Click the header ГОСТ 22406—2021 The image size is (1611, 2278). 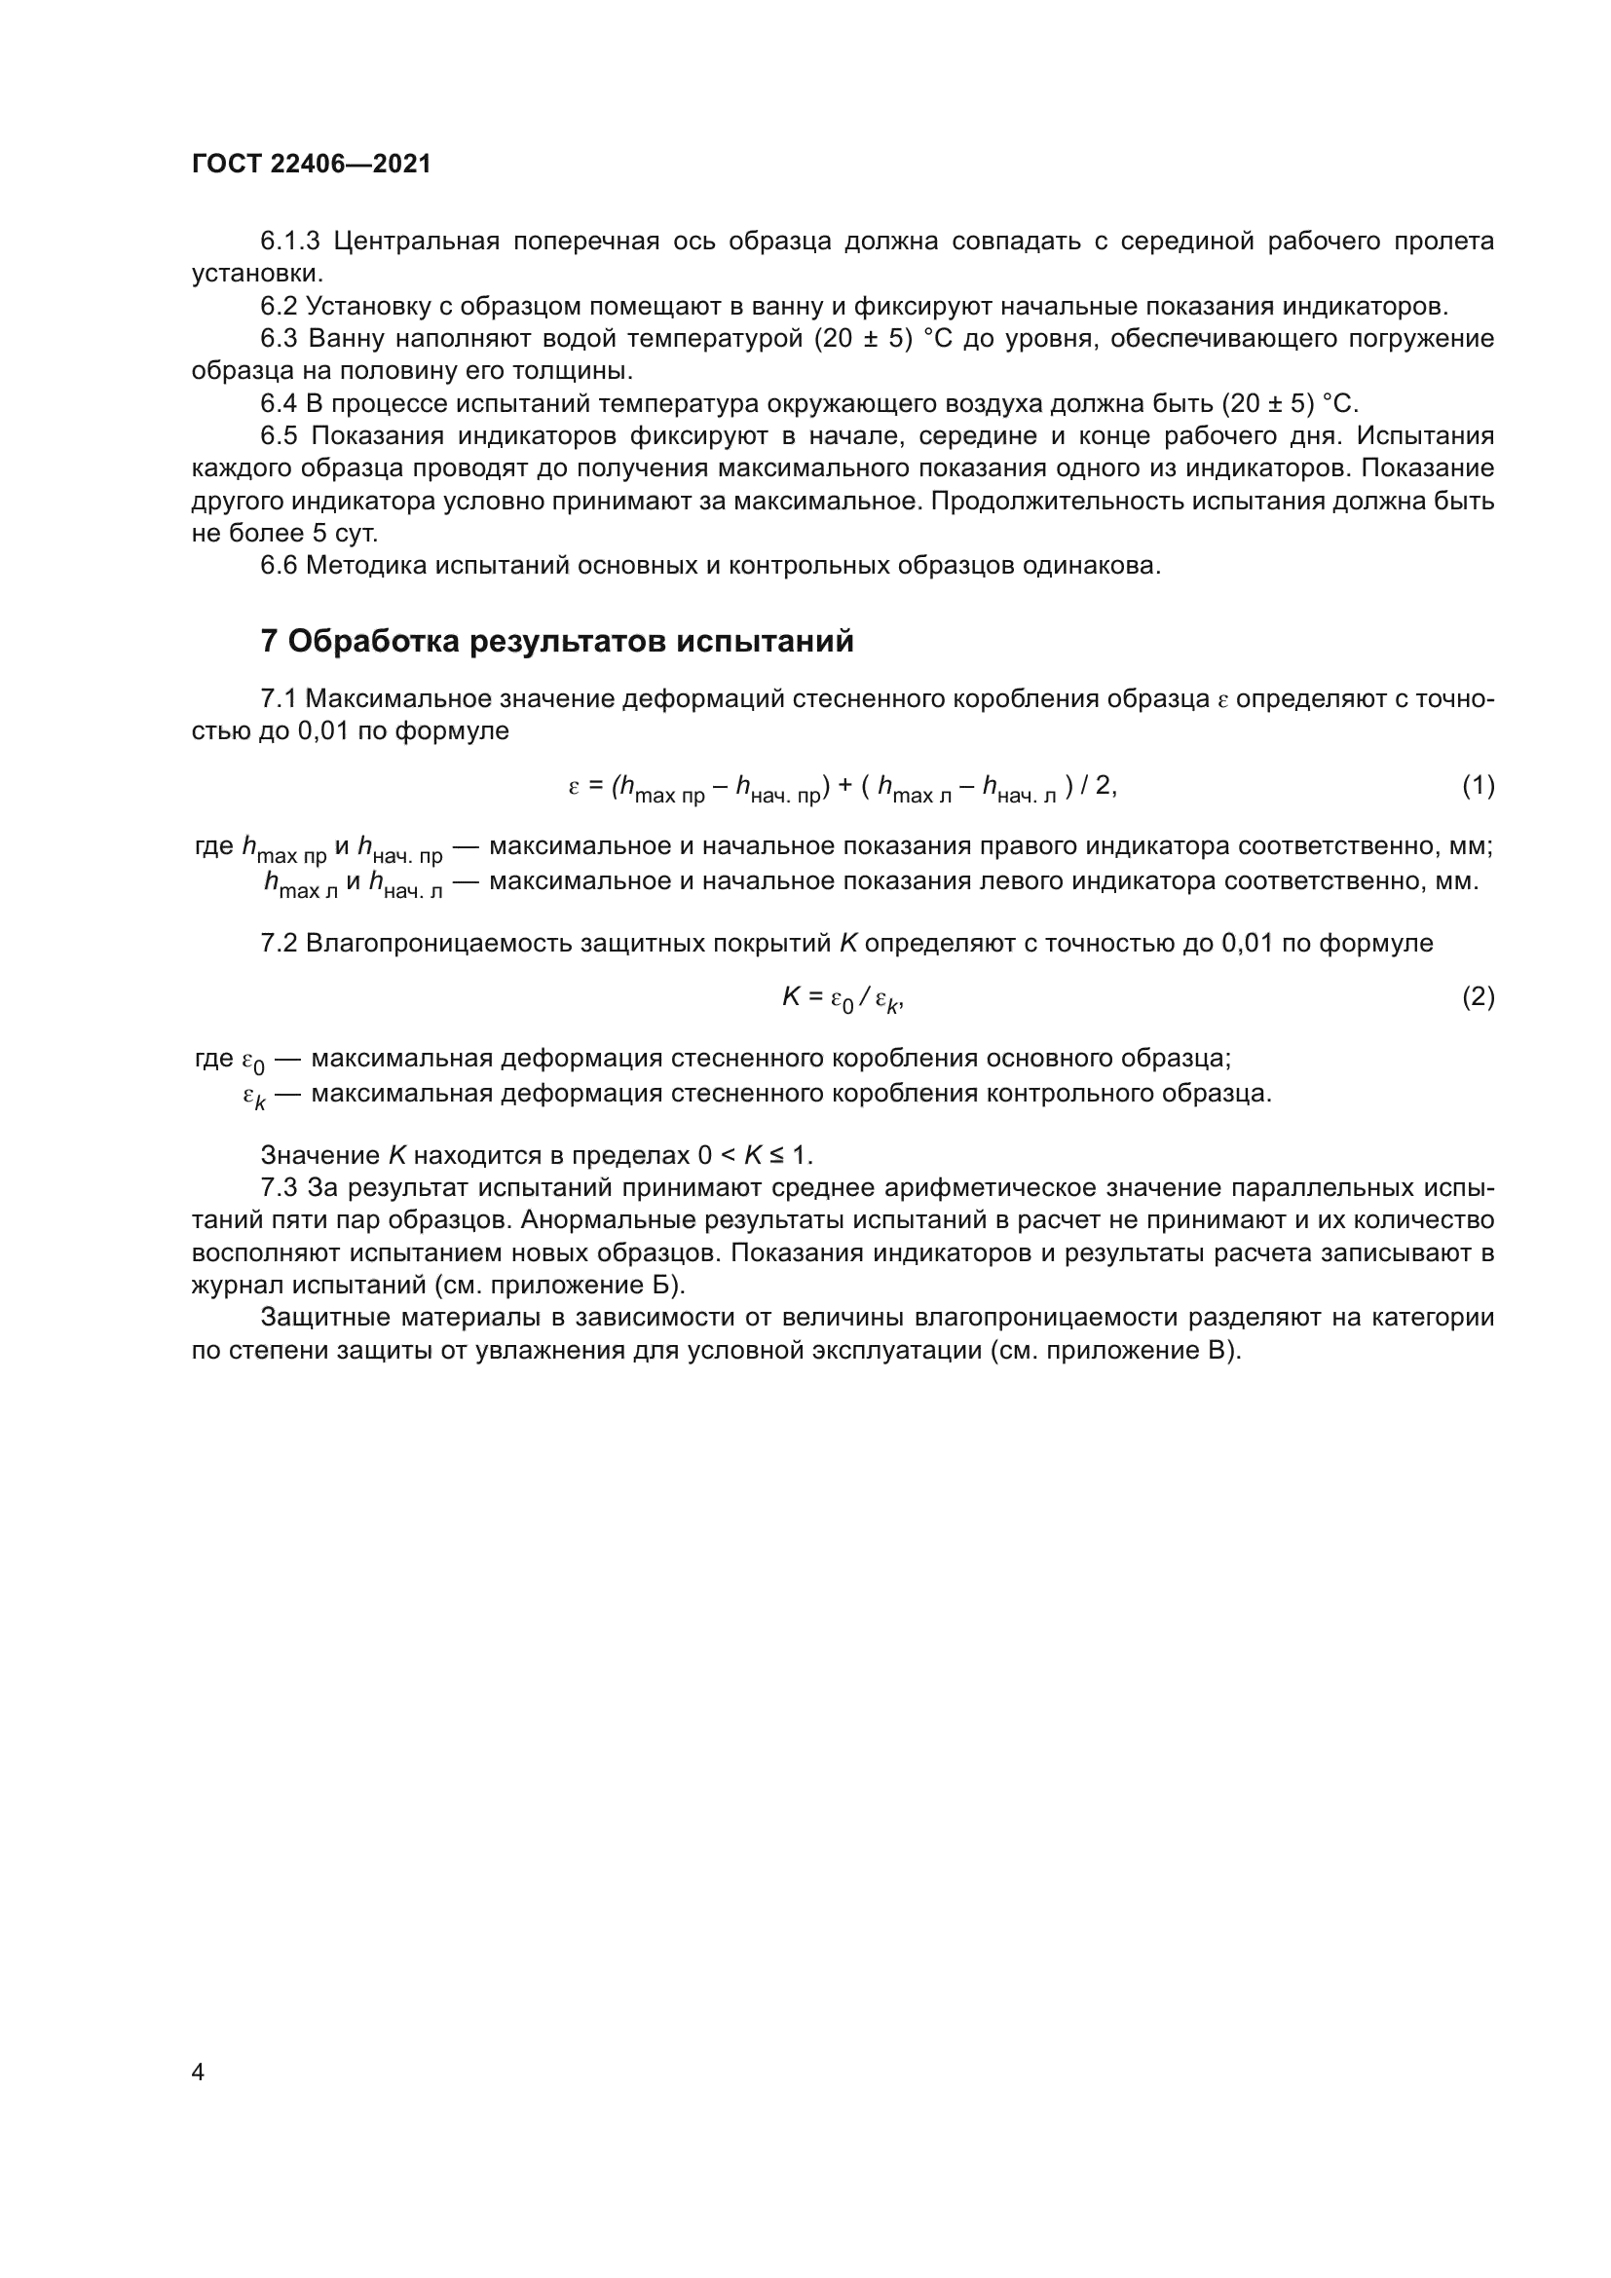point(312,165)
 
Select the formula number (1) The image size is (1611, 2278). point(1478,786)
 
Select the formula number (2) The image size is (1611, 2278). point(1478,996)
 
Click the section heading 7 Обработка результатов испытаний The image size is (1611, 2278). point(556,642)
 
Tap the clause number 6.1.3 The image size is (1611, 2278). point(289,242)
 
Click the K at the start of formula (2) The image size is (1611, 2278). point(792,997)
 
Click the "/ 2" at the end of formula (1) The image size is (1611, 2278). point(1097,787)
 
